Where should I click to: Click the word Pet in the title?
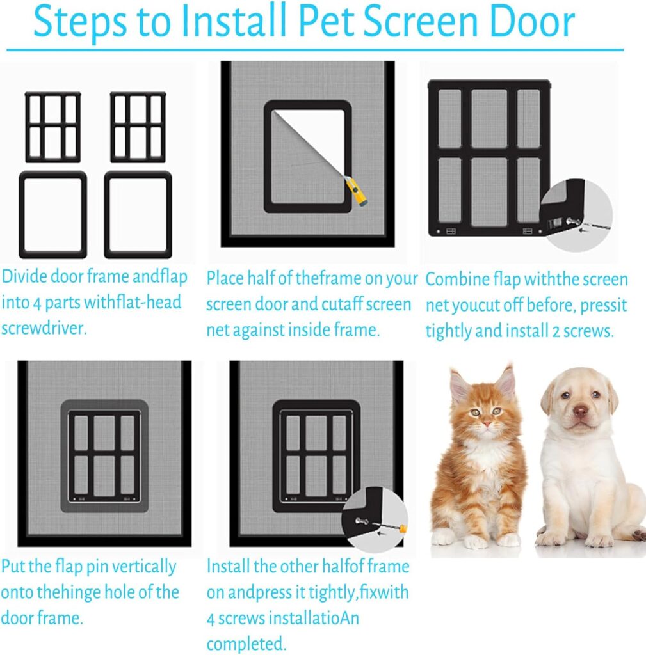coord(327,21)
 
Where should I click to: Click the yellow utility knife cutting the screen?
coord(356,191)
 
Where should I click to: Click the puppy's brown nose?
coord(580,412)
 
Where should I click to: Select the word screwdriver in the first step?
coord(44,328)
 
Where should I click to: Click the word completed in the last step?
coord(246,643)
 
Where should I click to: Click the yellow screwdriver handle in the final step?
coord(403,529)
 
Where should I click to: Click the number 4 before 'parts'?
coord(36,303)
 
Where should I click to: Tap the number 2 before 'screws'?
coord(556,331)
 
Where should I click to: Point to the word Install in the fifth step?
coord(228,567)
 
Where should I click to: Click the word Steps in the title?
coord(80,22)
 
